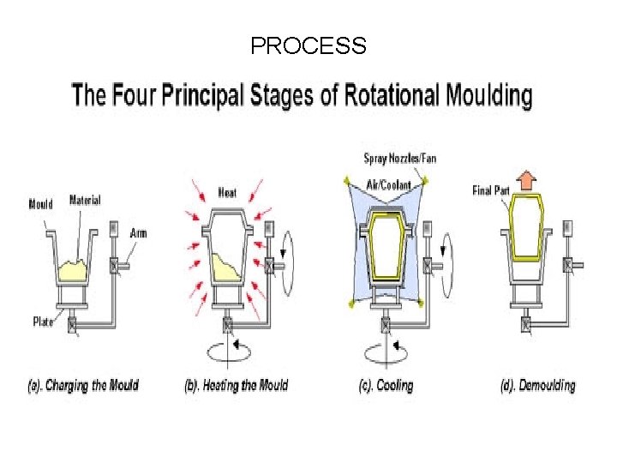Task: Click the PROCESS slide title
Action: click(308, 45)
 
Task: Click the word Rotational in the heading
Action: click(379, 94)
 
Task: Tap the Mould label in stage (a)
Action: click(40, 204)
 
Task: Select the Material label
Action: click(85, 200)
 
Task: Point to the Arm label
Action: click(138, 232)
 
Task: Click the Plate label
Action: click(43, 322)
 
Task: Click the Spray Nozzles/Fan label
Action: click(400, 158)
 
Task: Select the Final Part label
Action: click(492, 190)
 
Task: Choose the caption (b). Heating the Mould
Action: click(237, 385)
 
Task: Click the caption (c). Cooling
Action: click(386, 385)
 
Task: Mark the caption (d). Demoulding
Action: click(538, 385)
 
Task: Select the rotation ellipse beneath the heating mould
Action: click(227, 352)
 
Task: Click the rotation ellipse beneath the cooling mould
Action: click(386, 352)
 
